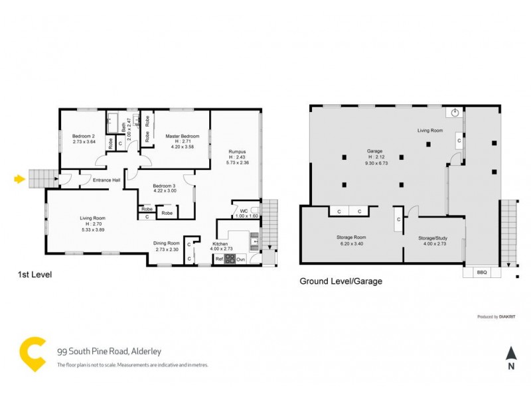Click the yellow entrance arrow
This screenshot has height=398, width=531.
point(19,178)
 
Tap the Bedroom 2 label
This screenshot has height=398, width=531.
point(84,137)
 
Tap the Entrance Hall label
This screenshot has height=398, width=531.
point(106,180)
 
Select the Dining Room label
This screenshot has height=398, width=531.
point(167,243)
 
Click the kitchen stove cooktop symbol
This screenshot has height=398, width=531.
point(230,259)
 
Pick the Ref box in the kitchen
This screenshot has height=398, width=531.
point(218,259)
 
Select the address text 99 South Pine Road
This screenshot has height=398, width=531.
point(100,352)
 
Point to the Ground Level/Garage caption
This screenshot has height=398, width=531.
point(341,281)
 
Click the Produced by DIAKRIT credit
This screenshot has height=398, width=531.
point(497,317)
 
